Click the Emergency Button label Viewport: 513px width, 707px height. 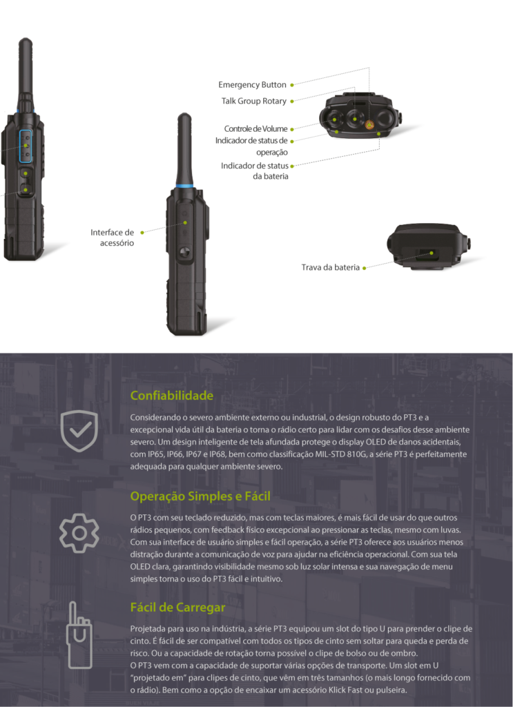point(252,85)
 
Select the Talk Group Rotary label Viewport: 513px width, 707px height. point(254,101)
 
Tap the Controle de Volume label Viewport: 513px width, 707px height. point(255,129)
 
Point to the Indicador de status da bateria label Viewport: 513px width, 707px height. point(255,171)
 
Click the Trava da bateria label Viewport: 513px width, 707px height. point(331,267)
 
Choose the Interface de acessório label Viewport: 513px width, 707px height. point(113,238)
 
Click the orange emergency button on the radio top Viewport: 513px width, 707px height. point(369,124)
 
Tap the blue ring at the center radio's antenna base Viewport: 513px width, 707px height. point(184,186)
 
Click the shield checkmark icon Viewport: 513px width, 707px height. point(79,431)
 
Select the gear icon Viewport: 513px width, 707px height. point(79,533)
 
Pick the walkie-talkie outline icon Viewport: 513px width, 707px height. point(80,635)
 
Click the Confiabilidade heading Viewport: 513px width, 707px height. point(172,396)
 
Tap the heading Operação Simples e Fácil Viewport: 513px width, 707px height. point(200,496)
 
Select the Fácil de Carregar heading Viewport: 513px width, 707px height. point(177,608)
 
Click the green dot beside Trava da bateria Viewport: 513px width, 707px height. point(365,269)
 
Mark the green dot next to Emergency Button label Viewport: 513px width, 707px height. point(292,85)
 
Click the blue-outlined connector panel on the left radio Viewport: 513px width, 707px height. point(26,146)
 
